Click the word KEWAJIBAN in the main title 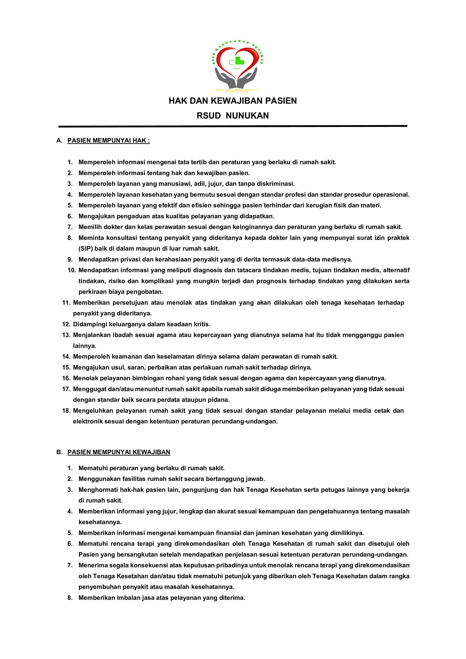pyautogui.click(x=236, y=101)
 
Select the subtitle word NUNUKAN pyautogui.click(x=247, y=116)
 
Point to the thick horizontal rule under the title pyautogui.click(x=233, y=126)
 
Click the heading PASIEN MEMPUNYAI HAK pyautogui.click(x=108, y=141)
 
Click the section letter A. pyautogui.click(x=59, y=141)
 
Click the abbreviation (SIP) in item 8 pyautogui.click(x=85, y=249)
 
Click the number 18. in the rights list pyautogui.click(x=66, y=411)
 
